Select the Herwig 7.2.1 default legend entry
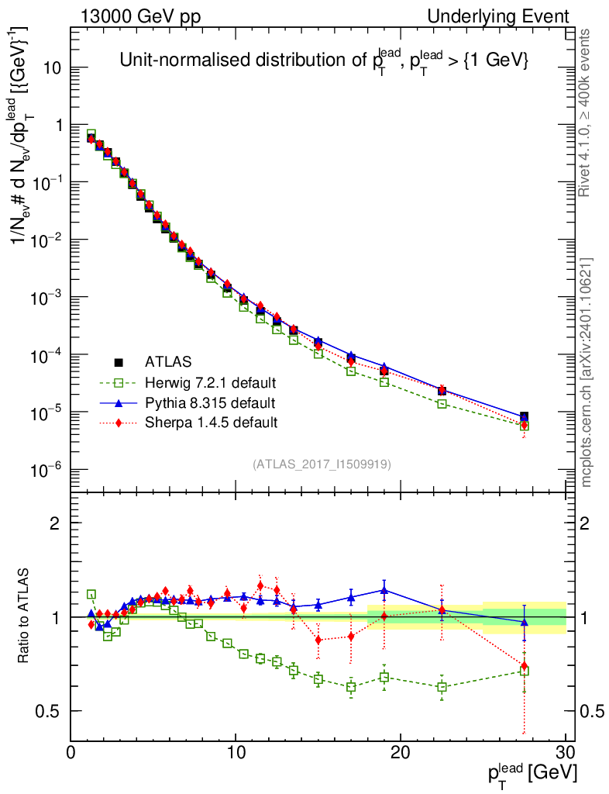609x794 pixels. point(211,382)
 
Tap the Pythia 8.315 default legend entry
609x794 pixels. point(209,403)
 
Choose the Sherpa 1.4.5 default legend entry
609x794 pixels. point(211,423)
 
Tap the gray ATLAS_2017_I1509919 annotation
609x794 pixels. point(322,464)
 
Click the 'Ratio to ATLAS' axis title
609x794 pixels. point(24,616)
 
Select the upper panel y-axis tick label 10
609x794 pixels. point(53,67)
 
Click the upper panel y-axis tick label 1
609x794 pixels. point(59,125)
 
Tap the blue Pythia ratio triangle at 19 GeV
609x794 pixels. point(384,590)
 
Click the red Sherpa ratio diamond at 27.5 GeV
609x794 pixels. point(525,665)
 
